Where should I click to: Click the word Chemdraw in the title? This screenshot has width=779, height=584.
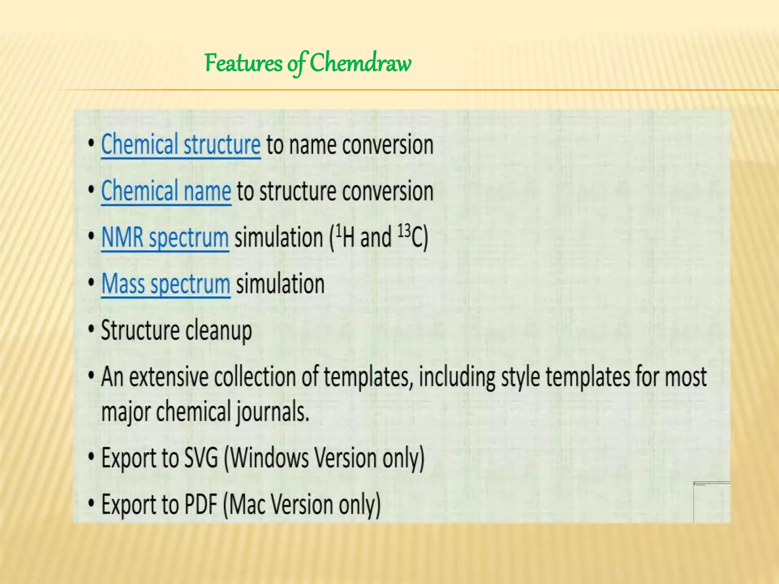[x=360, y=63]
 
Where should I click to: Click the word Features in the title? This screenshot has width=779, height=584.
[x=243, y=63]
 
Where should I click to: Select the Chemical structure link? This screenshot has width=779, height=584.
[x=181, y=145]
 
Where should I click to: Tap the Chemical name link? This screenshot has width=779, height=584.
[x=166, y=191]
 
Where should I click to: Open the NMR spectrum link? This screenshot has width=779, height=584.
[x=165, y=238]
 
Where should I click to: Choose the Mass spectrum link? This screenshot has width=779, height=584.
[x=166, y=284]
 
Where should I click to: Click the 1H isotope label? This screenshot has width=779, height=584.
[x=343, y=237]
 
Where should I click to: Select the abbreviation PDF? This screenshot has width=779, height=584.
[x=201, y=504]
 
